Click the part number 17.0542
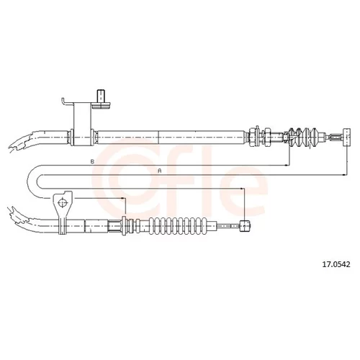[x=336, y=264]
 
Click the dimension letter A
[x=160, y=171]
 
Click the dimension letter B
[x=92, y=162]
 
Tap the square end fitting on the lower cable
[x=245, y=226]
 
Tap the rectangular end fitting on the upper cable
[x=347, y=137]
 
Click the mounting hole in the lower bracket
[x=63, y=203]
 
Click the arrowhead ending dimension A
[x=345, y=175]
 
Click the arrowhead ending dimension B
[x=287, y=165]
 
